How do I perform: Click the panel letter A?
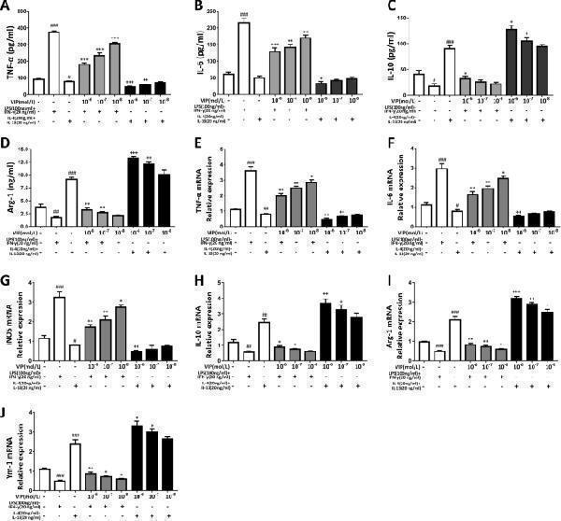(x=7, y=7)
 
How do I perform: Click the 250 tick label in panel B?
(x=213, y=18)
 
